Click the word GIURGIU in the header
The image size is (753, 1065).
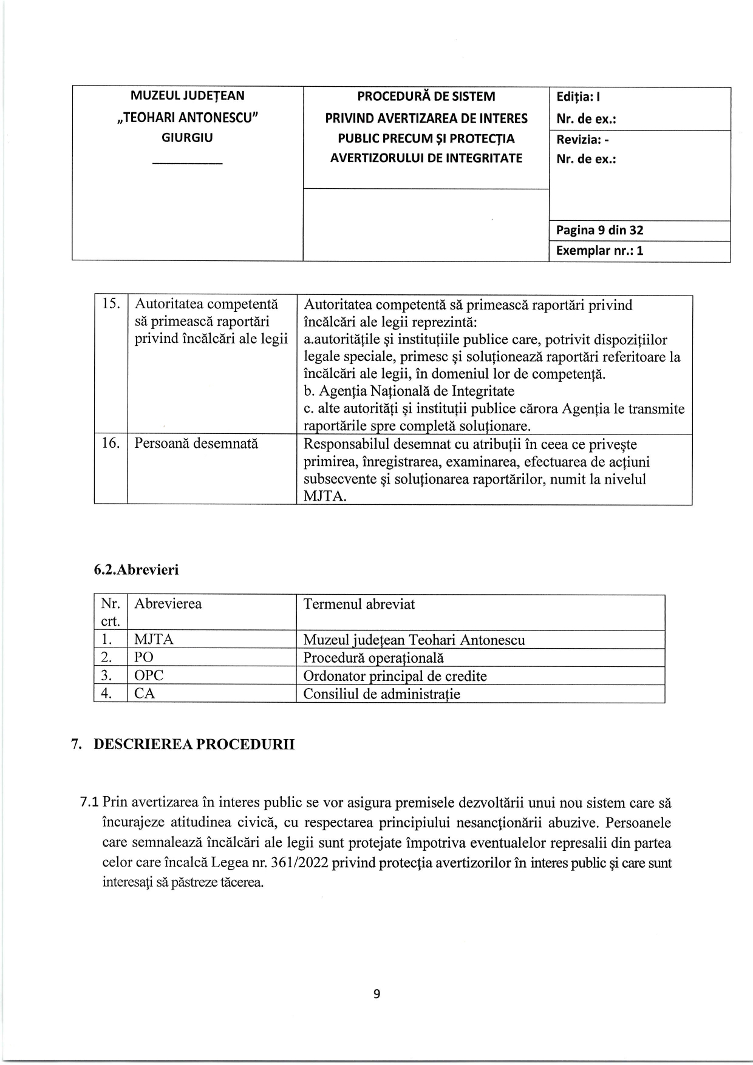187,138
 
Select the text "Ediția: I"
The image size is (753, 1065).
578,97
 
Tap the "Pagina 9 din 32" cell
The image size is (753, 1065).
599,231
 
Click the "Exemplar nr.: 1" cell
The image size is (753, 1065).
599,251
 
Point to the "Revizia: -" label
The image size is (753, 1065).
582,140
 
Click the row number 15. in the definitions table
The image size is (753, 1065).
111,304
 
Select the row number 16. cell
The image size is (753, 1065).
111,444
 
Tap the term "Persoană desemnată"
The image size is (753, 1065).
196,444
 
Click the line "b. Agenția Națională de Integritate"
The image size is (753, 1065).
409,391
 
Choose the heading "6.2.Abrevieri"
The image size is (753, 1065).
136,570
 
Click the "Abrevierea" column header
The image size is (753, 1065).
168,604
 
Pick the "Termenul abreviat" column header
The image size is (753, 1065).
359,604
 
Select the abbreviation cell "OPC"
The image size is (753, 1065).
149,675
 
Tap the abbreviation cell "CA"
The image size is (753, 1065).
145,694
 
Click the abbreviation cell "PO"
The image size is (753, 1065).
144,657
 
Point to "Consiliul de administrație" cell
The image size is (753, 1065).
381,694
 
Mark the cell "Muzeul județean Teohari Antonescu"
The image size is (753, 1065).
414,640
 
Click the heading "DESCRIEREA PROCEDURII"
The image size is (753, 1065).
194,745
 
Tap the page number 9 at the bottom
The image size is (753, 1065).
377,994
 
